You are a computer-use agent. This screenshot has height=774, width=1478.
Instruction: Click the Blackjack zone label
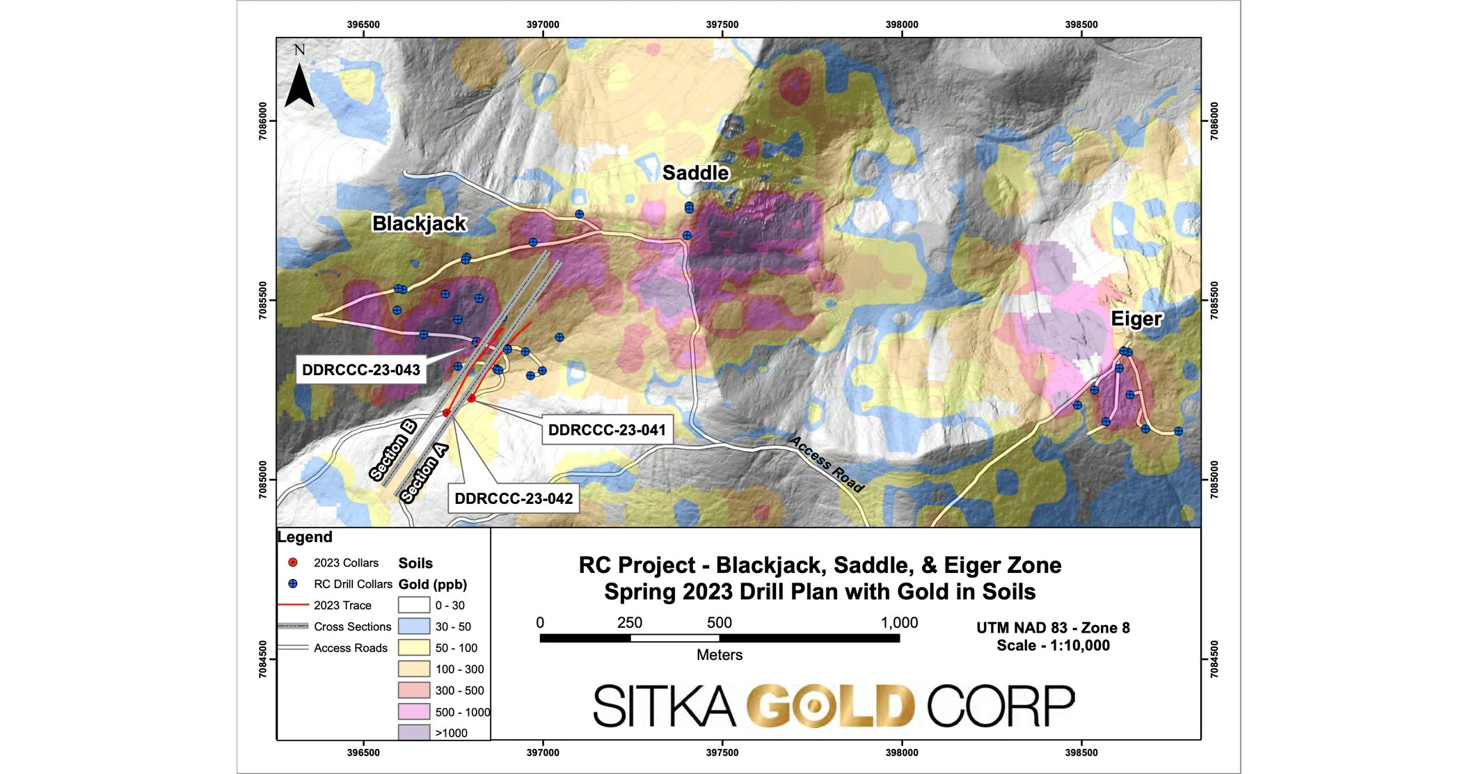[419, 223]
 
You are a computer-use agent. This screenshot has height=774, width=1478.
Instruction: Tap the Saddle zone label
[695, 173]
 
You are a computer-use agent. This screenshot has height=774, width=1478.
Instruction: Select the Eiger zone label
[1136, 319]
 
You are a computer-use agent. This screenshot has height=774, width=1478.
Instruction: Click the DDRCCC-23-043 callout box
[361, 370]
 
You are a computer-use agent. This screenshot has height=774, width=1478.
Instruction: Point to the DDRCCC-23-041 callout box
[607, 430]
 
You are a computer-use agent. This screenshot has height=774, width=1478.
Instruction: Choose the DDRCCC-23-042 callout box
[514, 498]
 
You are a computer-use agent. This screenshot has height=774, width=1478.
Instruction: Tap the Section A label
[424, 473]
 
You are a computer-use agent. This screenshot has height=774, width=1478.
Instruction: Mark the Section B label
[393, 450]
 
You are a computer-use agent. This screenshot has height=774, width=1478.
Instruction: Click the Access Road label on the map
[827, 464]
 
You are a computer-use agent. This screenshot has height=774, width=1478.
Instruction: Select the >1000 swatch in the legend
[414, 732]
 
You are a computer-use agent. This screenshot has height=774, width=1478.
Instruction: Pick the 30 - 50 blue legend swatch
[414, 626]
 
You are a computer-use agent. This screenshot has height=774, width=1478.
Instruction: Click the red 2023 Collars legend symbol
[293, 562]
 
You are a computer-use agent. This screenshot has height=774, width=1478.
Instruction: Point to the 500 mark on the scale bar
[719, 623]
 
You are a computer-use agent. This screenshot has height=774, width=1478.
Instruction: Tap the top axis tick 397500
[722, 24]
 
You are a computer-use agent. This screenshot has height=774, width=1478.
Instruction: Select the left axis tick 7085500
[262, 300]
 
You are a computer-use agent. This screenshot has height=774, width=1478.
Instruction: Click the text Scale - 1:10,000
[1053, 645]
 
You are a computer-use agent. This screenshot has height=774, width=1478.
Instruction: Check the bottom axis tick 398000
[902, 752]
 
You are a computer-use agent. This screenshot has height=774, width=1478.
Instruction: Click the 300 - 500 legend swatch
[414, 690]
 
